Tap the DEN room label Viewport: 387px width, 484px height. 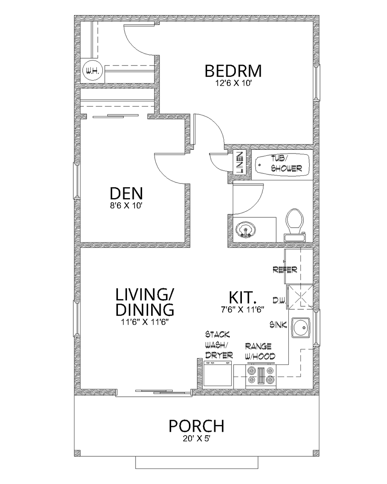pos(126,194)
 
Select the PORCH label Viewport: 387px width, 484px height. pos(196,426)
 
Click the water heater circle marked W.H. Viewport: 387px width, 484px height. pos(91,71)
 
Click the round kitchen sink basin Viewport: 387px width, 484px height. pos(301,327)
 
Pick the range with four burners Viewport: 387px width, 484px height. pos(261,376)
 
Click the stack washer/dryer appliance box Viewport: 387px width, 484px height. pos(217,374)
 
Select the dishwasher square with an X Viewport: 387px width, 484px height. pos(300,296)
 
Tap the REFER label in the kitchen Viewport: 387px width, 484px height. pos(285,270)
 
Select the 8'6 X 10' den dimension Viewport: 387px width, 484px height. pos(126,206)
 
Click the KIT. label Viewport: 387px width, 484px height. pos(243,297)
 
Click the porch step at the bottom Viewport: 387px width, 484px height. pos(197,462)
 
